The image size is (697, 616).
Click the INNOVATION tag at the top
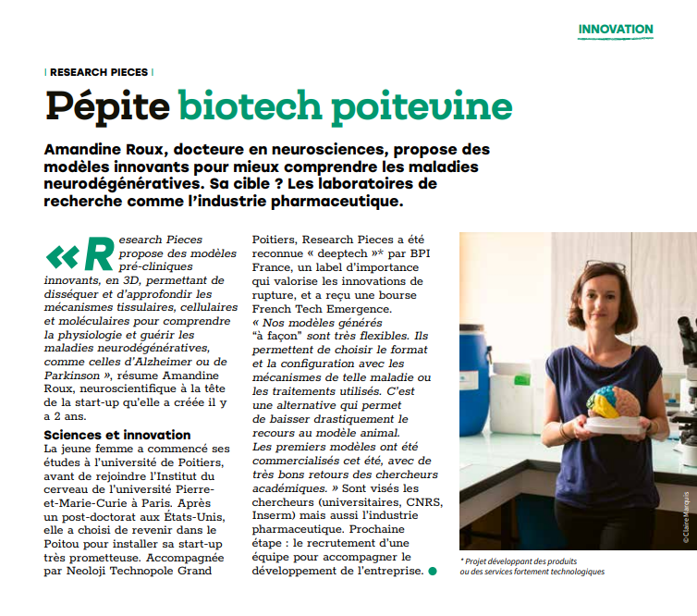tap(616, 30)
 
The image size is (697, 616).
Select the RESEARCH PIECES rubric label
tap(99, 71)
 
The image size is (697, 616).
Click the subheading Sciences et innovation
tap(117, 435)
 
